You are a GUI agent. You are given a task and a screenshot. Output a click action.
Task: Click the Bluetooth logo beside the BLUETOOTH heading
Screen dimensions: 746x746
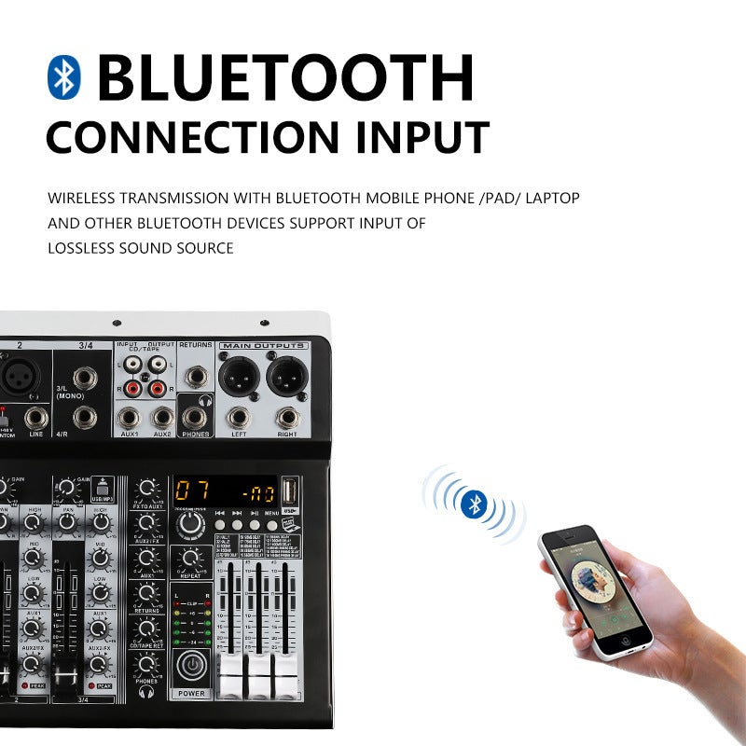[64, 76]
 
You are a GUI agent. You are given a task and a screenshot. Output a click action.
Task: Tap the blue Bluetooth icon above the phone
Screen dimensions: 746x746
[474, 504]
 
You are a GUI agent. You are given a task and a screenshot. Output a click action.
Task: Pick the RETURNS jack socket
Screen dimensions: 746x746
[196, 377]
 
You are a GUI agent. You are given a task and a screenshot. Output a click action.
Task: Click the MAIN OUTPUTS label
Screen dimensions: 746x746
[263, 346]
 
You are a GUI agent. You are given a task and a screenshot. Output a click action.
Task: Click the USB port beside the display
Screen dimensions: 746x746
[290, 490]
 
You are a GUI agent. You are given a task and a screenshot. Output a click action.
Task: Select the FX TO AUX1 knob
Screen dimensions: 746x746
[146, 489]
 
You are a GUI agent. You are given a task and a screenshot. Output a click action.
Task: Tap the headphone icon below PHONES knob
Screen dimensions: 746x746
[146, 693]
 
